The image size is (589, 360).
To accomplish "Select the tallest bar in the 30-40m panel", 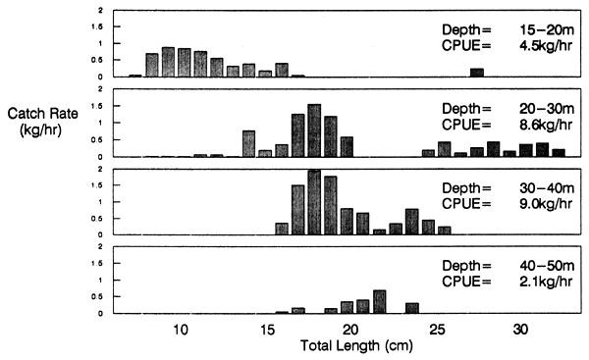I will pyautogui.click(x=314, y=202).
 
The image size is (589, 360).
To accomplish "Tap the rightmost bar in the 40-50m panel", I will pyautogui.click(x=412, y=308).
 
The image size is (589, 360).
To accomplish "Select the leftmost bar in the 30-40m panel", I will pyautogui.click(x=282, y=229).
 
